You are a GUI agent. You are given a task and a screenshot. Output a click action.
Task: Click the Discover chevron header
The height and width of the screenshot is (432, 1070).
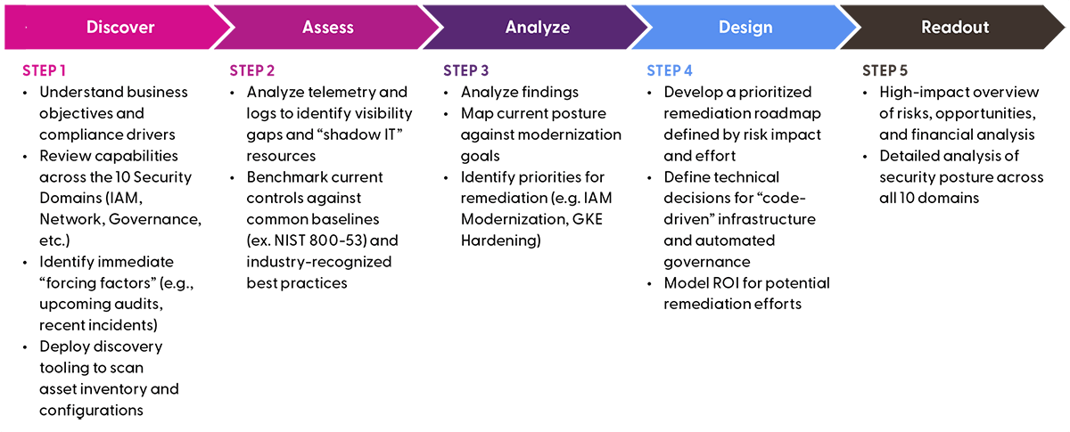(120, 27)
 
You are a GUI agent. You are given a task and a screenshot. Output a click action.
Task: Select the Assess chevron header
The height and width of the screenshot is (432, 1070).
(329, 27)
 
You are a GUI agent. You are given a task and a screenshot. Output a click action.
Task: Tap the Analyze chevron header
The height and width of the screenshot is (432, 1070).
(537, 27)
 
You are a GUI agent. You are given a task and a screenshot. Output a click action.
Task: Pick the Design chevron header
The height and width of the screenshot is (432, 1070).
(745, 27)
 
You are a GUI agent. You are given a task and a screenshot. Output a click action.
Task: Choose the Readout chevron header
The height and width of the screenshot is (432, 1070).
(955, 27)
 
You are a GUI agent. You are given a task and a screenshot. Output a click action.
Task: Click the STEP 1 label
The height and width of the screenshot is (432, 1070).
(45, 70)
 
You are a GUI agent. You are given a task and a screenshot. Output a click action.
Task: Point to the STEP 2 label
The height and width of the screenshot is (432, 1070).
(252, 70)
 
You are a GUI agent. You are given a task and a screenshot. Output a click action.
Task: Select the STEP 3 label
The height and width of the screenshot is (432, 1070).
(466, 70)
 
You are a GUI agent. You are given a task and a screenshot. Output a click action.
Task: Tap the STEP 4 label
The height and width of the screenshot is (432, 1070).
(670, 70)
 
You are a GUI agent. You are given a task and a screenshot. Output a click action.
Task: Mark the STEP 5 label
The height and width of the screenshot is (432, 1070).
(885, 70)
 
